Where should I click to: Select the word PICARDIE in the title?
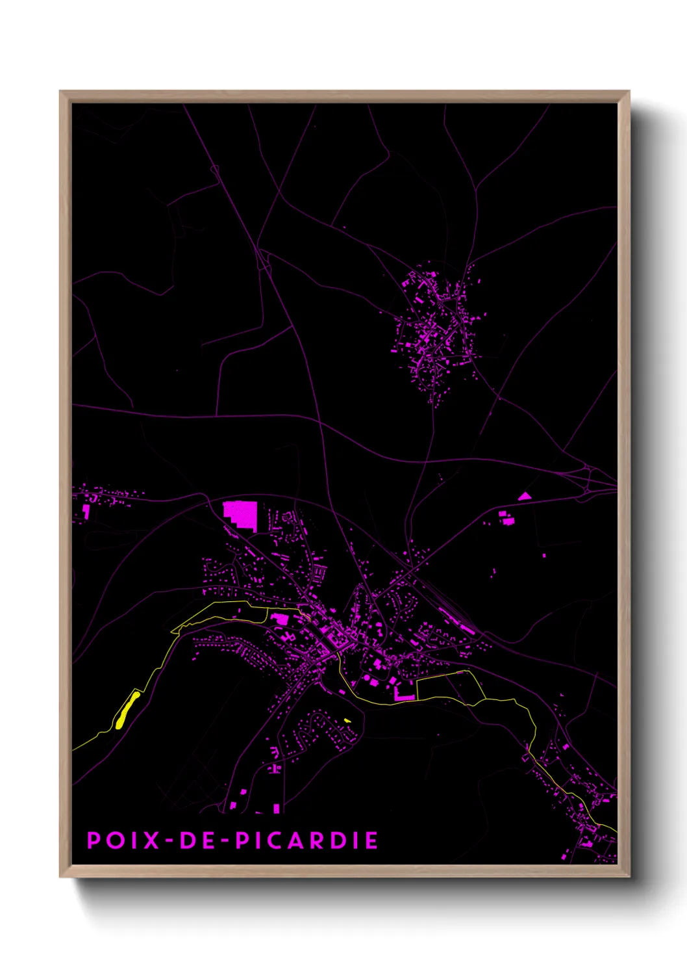pos(306,840)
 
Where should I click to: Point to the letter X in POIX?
pos(151,840)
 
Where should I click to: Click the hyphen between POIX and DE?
pos(170,840)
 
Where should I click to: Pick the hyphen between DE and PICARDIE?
pos(224,840)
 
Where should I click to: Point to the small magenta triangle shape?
pos(524,497)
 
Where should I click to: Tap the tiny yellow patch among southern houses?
pos(347,720)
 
